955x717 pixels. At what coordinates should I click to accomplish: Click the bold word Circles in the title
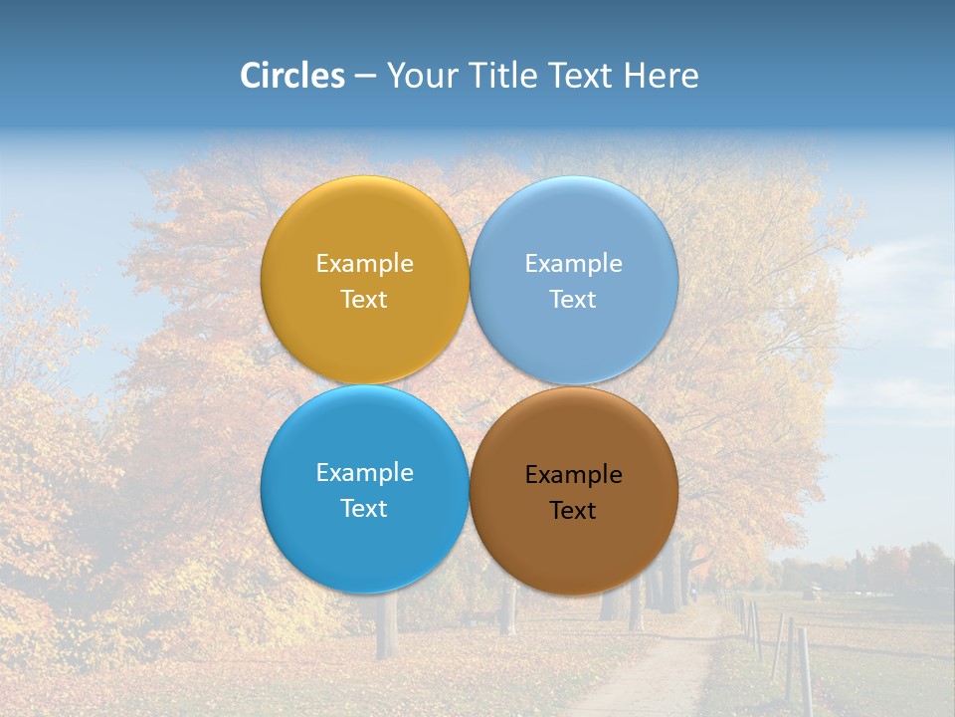[x=291, y=76]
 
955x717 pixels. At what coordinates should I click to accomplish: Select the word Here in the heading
[x=661, y=76]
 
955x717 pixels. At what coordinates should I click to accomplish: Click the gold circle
[x=364, y=229]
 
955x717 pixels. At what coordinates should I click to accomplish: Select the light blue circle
[x=574, y=229]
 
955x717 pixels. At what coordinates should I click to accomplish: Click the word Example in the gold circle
[x=364, y=264]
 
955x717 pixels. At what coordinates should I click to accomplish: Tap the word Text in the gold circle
[x=364, y=300]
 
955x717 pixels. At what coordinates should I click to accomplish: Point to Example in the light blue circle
[x=573, y=264]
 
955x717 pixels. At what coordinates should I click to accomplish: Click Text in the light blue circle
[x=573, y=300]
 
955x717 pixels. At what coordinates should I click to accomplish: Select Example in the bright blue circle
[x=364, y=473]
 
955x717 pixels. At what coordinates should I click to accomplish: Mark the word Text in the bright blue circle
[x=364, y=509]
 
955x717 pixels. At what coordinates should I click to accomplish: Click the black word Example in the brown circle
[x=573, y=475]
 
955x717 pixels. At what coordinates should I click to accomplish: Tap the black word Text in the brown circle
[x=573, y=511]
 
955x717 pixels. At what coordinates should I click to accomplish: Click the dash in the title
[x=364, y=77]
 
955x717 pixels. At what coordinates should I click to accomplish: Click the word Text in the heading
[x=581, y=76]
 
